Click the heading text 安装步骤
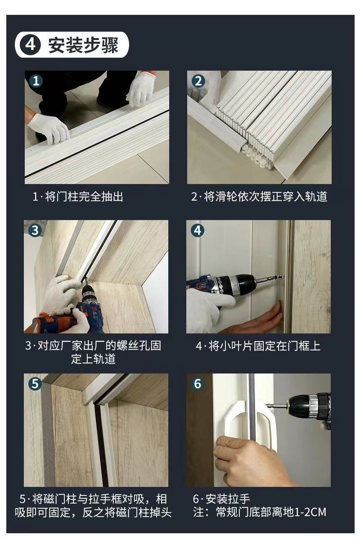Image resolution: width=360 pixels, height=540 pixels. point(83,45)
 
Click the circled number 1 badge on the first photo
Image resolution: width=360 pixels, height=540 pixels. point(36,81)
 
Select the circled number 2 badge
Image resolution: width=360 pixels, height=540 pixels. point(198,81)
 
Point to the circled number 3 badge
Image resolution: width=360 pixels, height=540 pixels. point(35,230)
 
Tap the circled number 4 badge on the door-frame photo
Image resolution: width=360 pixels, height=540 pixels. point(198,230)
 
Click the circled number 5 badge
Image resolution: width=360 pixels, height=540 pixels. point(35,384)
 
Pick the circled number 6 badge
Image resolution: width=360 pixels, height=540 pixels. point(198,384)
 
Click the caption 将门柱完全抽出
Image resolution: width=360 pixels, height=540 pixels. point(84,197)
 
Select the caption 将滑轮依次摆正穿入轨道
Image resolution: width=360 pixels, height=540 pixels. point(265,197)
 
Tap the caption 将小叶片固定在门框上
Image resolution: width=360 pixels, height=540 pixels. point(265,346)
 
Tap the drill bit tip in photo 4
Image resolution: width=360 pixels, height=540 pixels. point(283,277)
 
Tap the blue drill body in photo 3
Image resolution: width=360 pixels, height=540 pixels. point(93,311)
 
